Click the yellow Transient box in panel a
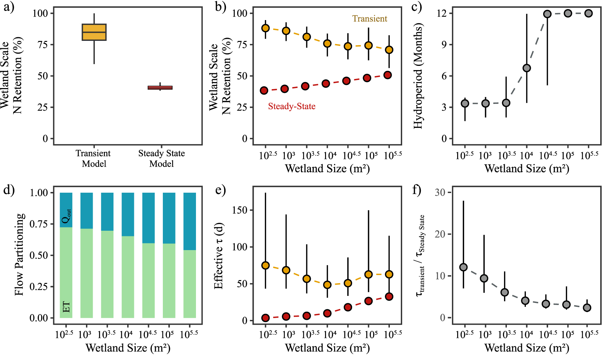[94, 32]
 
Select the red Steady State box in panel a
[160, 87]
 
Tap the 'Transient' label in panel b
[369, 19]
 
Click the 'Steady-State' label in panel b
[291, 106]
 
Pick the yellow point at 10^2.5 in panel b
[265, 28]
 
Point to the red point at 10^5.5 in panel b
[388, 75]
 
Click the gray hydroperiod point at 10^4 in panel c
[527, 68]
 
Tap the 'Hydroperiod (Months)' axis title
[418, 76]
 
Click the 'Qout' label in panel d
[66, 216]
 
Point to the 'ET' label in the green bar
[66, 307]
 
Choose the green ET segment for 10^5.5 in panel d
[190, 284]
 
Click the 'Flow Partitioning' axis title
[20, 254]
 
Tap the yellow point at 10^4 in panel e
[327, 285]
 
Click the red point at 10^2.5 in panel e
[265, 318]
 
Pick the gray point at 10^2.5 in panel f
[463, 267]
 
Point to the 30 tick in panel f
[440, 192]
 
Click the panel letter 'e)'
[220, 191]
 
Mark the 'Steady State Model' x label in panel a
[161, 159]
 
